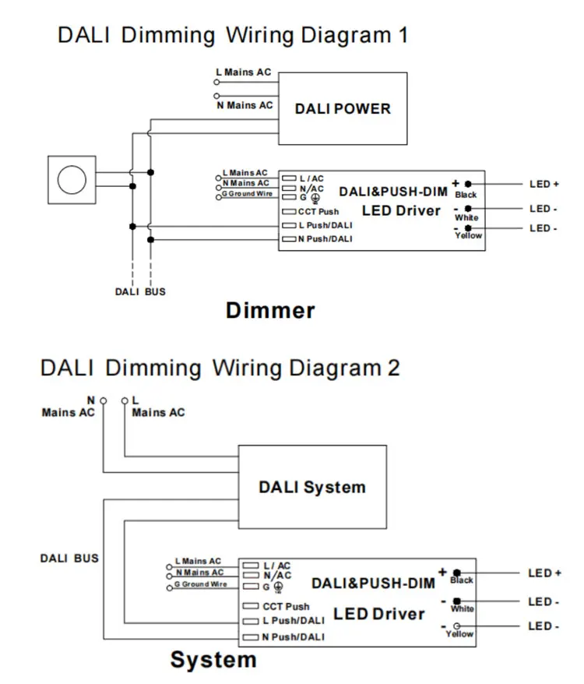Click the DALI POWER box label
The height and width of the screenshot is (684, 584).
[x=342, y=109]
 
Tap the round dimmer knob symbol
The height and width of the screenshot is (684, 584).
[x=72, y=180]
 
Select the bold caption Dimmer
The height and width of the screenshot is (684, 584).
[x=270, y=311]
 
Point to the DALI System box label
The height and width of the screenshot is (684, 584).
[x=311, y=488]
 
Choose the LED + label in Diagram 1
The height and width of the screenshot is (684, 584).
[x=544, y=185]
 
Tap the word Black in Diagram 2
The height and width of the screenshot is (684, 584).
[x=462, y=580]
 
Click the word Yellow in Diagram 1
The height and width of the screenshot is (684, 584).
[x=468, y=235]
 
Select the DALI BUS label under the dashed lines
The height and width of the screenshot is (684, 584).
[x=140, y=292]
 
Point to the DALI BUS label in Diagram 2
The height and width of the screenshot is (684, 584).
[x=69, y=559]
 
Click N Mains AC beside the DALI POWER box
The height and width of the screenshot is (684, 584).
[x=245, y=105]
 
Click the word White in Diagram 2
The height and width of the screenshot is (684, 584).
[x=462, y=608]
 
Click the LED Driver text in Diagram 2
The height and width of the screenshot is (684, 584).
[x=379, y=613]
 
